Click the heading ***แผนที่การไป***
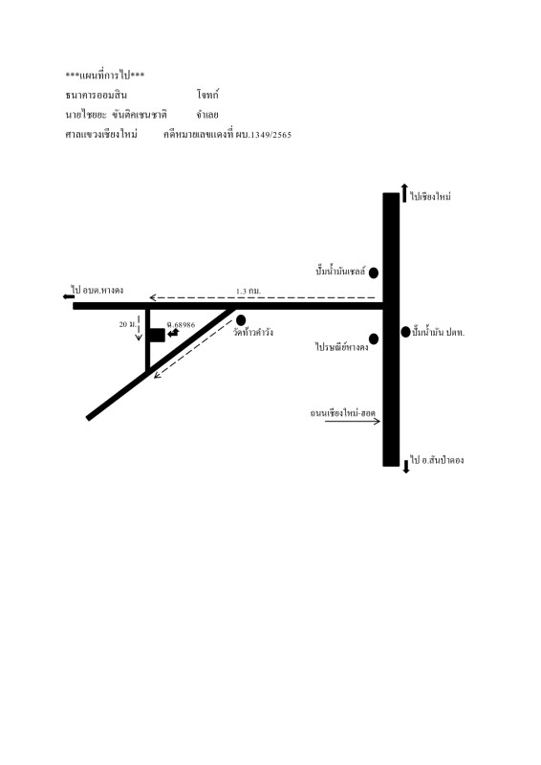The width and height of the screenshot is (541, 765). [x=105, y=76]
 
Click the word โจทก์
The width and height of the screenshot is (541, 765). [x=207, y=94]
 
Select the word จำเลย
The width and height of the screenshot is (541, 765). [x=207, y=115]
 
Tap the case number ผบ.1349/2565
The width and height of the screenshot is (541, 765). [x=264, y=135]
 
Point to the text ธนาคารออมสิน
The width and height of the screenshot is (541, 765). [x=97, y=95]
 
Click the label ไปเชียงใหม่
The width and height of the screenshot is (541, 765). [x=430, y=196]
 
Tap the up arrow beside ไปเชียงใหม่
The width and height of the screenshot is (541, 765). [x=404, y=193]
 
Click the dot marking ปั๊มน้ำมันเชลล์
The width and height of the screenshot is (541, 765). [x=374, y=273]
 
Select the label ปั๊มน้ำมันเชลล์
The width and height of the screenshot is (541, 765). [x=340, y=271]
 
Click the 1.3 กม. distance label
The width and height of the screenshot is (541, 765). [x=249, y=291]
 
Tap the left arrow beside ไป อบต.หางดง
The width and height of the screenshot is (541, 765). [x=69, y=296]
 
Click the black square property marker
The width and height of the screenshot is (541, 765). [x=157, y=336]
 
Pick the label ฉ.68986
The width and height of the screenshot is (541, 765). [x=181, y=324]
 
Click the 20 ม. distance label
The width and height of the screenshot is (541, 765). [x=127, y=324]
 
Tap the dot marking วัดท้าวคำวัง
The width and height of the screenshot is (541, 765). [x=241, y=320]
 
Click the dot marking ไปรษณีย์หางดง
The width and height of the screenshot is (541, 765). [x=374, y=339]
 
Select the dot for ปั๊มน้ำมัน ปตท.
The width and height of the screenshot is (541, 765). [x=405, y=332]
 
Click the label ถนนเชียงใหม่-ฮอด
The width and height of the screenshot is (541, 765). [x=343, y=413]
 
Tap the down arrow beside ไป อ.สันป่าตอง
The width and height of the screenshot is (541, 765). [x=406, y=467]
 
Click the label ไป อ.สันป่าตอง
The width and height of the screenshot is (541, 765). [x=437, y=460]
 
